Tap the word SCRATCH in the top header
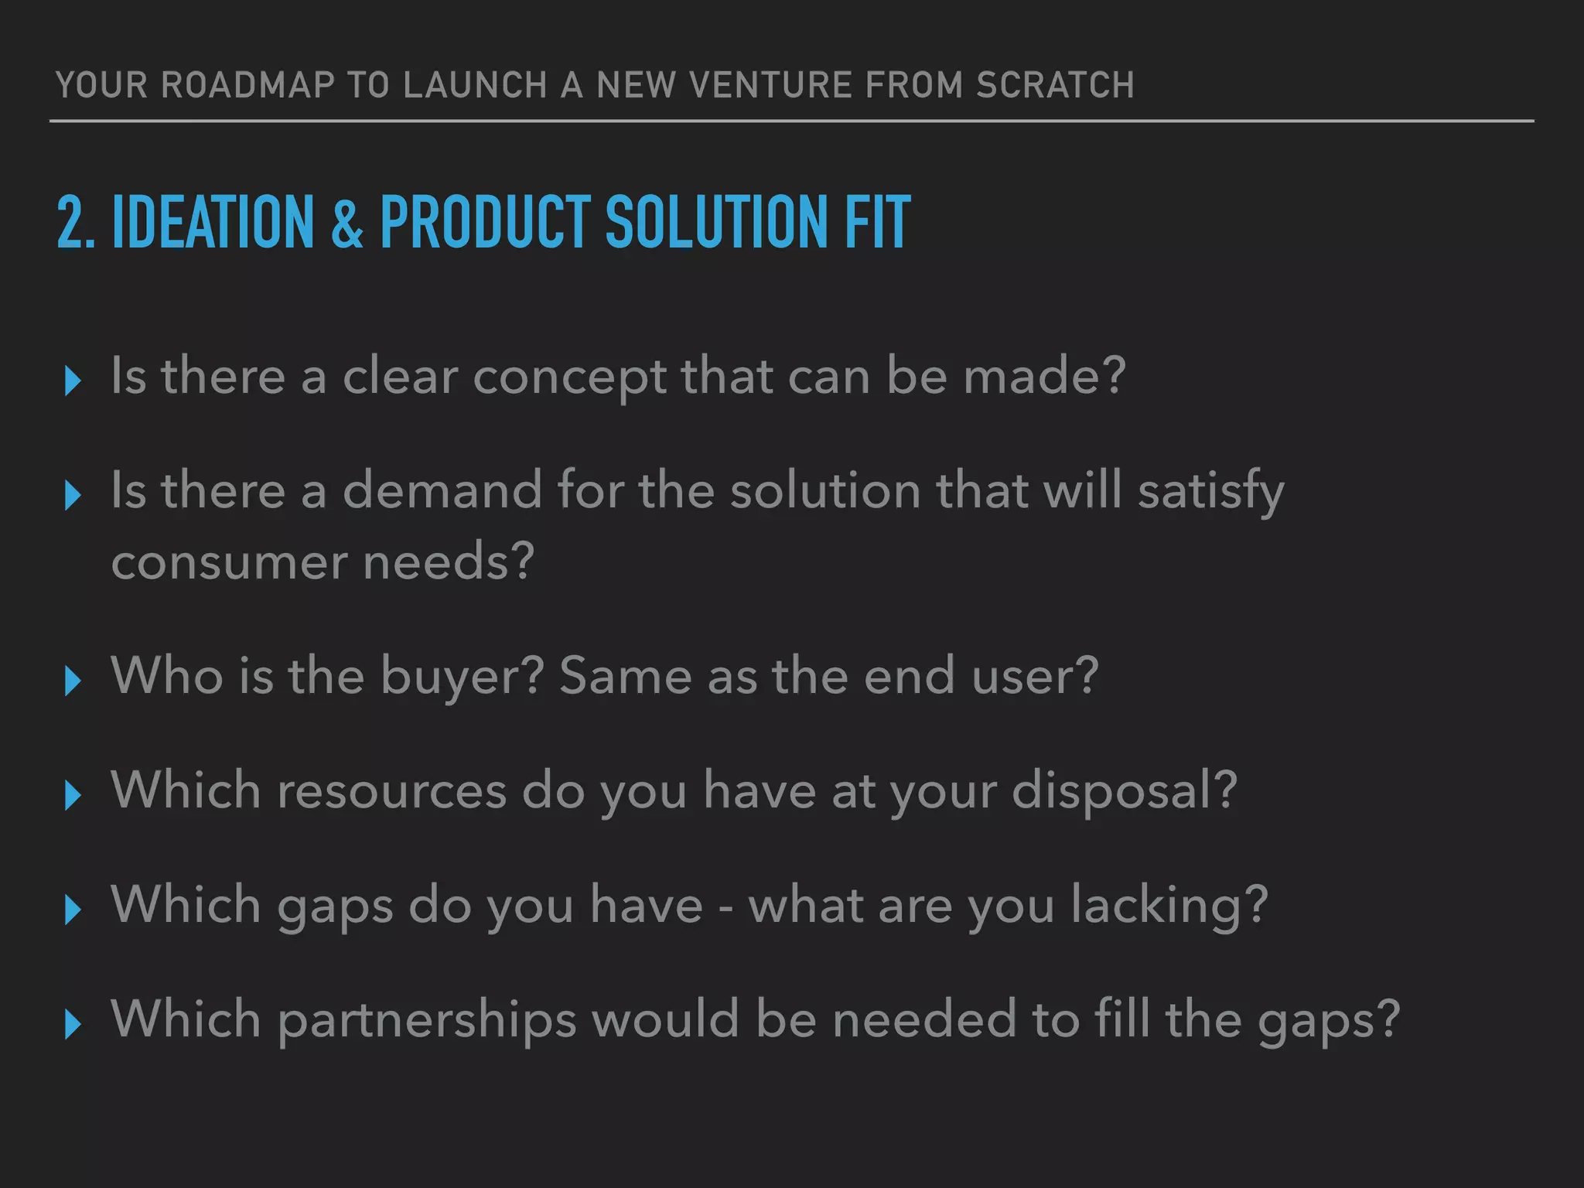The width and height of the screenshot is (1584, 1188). tap(1055, 85)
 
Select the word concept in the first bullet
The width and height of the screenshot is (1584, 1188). tap(569, 377)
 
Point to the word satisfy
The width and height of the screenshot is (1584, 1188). tap(1210, 492)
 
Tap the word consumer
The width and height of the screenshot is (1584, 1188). tap(229, 562)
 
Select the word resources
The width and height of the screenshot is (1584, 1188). tap(391, 791)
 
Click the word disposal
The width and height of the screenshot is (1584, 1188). tap(1124, 791)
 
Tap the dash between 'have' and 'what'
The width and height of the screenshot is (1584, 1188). tap(725, 906)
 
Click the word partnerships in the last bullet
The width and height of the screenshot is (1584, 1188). tap(427, 1020)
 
